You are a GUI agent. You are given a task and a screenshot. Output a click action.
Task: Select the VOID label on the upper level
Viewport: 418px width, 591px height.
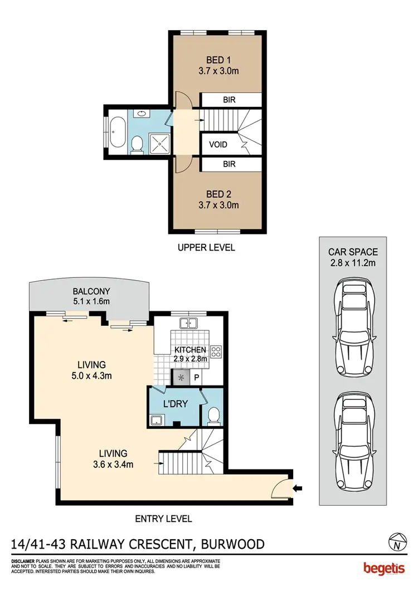tap(218, 145)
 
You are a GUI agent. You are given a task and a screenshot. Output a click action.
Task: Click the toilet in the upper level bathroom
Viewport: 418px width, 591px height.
tap(137, 145)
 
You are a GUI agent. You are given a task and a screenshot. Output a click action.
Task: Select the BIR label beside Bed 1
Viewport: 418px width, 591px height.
tap(229, 100)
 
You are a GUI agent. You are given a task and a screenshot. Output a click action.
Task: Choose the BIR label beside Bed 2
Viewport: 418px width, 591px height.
tap(229, 164)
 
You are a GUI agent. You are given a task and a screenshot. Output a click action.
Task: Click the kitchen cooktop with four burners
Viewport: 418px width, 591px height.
tap(216, 352)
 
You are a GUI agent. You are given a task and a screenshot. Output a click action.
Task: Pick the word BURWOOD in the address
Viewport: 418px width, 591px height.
tap(229, 544)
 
